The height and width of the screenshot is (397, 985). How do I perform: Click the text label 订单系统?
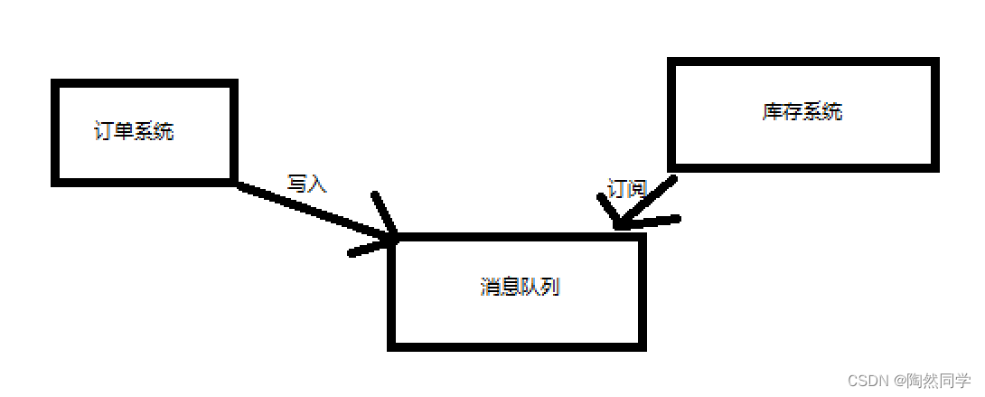(x=134, y=131)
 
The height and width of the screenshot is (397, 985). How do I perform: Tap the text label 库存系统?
(x=802, y=112)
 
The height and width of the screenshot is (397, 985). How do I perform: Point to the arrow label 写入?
(x=306, y=184)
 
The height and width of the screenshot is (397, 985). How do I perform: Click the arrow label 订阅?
(x=627, y=189)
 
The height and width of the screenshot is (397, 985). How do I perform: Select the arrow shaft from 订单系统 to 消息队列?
(x=307, y=210)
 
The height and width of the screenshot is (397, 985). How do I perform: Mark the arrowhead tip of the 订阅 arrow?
(x=617, y=226)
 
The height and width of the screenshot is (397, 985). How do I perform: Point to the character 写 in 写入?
(x=297, y=184)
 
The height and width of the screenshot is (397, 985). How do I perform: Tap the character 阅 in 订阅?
(x=637, y=189)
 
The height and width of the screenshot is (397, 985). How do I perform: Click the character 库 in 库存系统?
(x=772, y=112)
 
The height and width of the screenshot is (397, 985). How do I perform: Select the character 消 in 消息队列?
(x=489, y=288)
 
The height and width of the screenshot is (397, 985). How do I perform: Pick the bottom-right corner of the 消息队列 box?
(x=643, y=345)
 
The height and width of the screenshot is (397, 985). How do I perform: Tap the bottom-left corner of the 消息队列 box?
(x=392, y=345)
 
